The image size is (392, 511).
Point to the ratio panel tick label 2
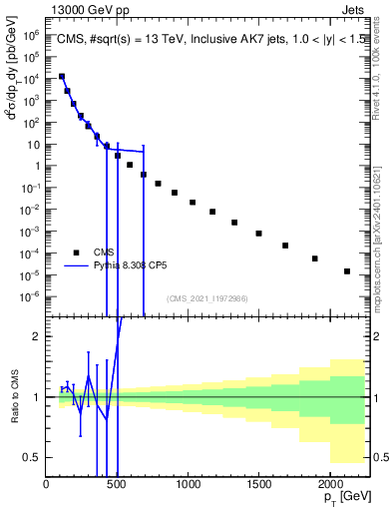coord(37,336)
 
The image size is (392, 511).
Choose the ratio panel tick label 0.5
coord(33,457)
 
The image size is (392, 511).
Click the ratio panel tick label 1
coord(37,397)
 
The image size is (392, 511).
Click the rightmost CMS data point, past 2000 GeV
coord(347,271)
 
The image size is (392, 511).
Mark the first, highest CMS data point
coord(62,76)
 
